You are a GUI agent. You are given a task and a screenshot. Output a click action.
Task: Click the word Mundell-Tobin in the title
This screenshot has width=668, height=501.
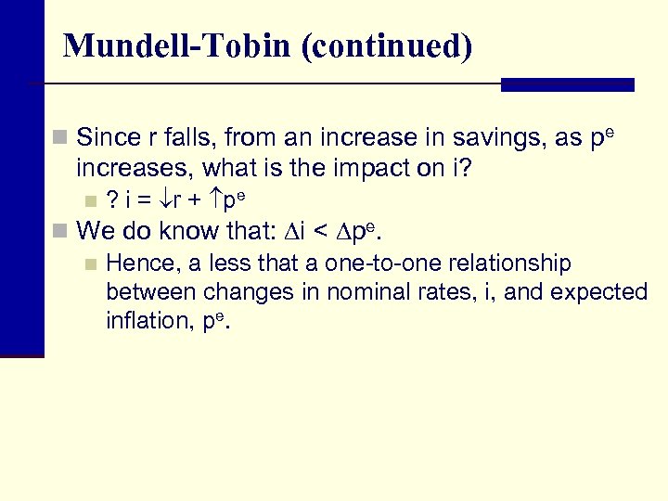coord(176,45)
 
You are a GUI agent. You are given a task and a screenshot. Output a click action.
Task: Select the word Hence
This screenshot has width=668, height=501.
coord(135,263)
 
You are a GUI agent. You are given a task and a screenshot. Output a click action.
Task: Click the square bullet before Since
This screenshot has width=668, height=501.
coord(60,138)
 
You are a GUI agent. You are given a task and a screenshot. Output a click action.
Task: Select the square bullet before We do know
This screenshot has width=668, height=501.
coord(60,231)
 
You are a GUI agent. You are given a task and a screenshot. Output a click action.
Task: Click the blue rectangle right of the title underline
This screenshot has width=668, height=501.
coord(567,84)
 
